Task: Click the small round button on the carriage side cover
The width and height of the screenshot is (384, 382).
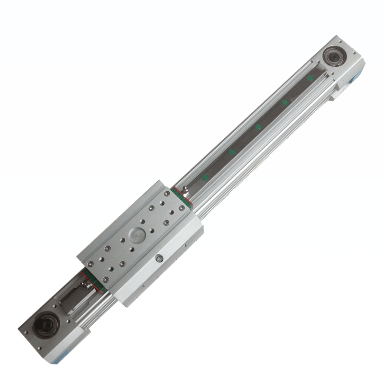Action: click(160, 258)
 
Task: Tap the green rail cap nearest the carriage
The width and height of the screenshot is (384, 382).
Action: click(205, 178)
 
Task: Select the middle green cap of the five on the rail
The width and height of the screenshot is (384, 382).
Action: click(258, 127)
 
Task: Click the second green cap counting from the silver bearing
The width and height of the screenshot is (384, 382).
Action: click(284, 102)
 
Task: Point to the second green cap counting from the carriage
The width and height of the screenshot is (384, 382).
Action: click(232, 152)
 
